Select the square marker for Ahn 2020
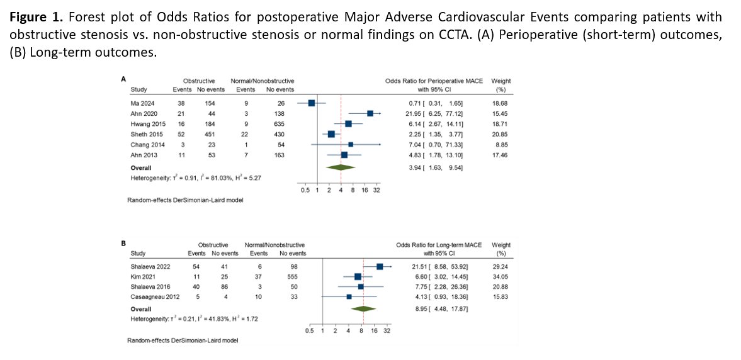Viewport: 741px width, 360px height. pos(370,113)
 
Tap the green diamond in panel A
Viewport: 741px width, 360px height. pos(340,167)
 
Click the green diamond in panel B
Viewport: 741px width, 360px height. pos(363,308)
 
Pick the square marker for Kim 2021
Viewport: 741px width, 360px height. pos(358,276)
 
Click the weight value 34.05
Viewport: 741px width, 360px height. pos(502,276)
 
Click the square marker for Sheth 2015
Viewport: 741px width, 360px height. pos(331,135)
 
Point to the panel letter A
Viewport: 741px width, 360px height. pos(123,79)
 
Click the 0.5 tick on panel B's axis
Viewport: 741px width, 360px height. pos(309,330)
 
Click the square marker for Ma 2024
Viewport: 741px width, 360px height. pos(311,103)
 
